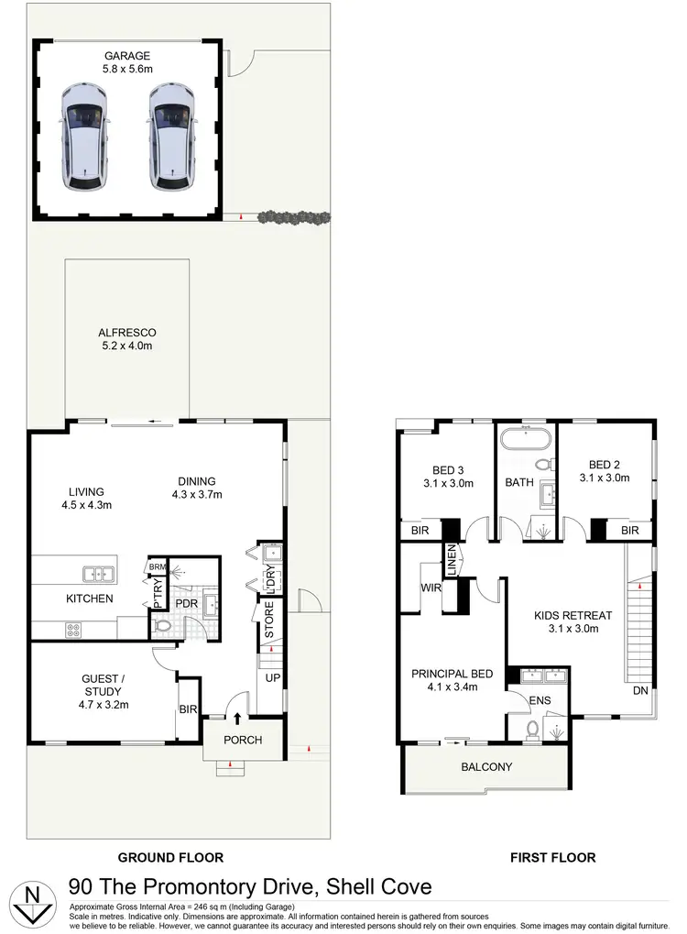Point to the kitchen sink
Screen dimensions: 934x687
(98, 575)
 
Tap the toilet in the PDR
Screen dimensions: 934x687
(164, 627)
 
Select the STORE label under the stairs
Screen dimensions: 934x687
(269, 621)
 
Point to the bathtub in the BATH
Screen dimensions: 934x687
(526, 437)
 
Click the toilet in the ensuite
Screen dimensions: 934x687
(533, 728)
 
